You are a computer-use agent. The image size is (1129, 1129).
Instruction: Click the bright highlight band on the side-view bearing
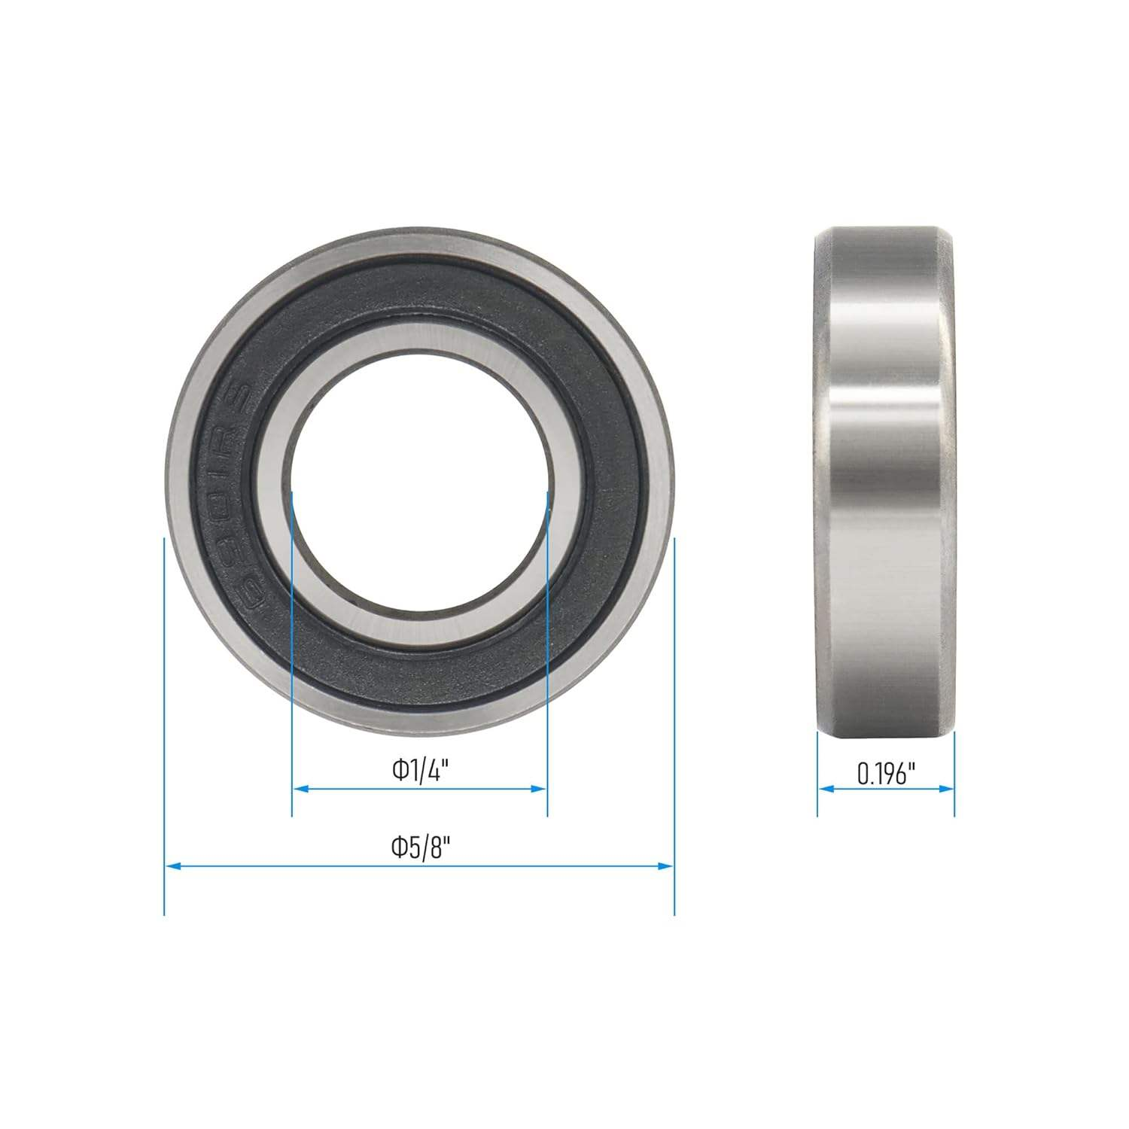coord(886,421)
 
